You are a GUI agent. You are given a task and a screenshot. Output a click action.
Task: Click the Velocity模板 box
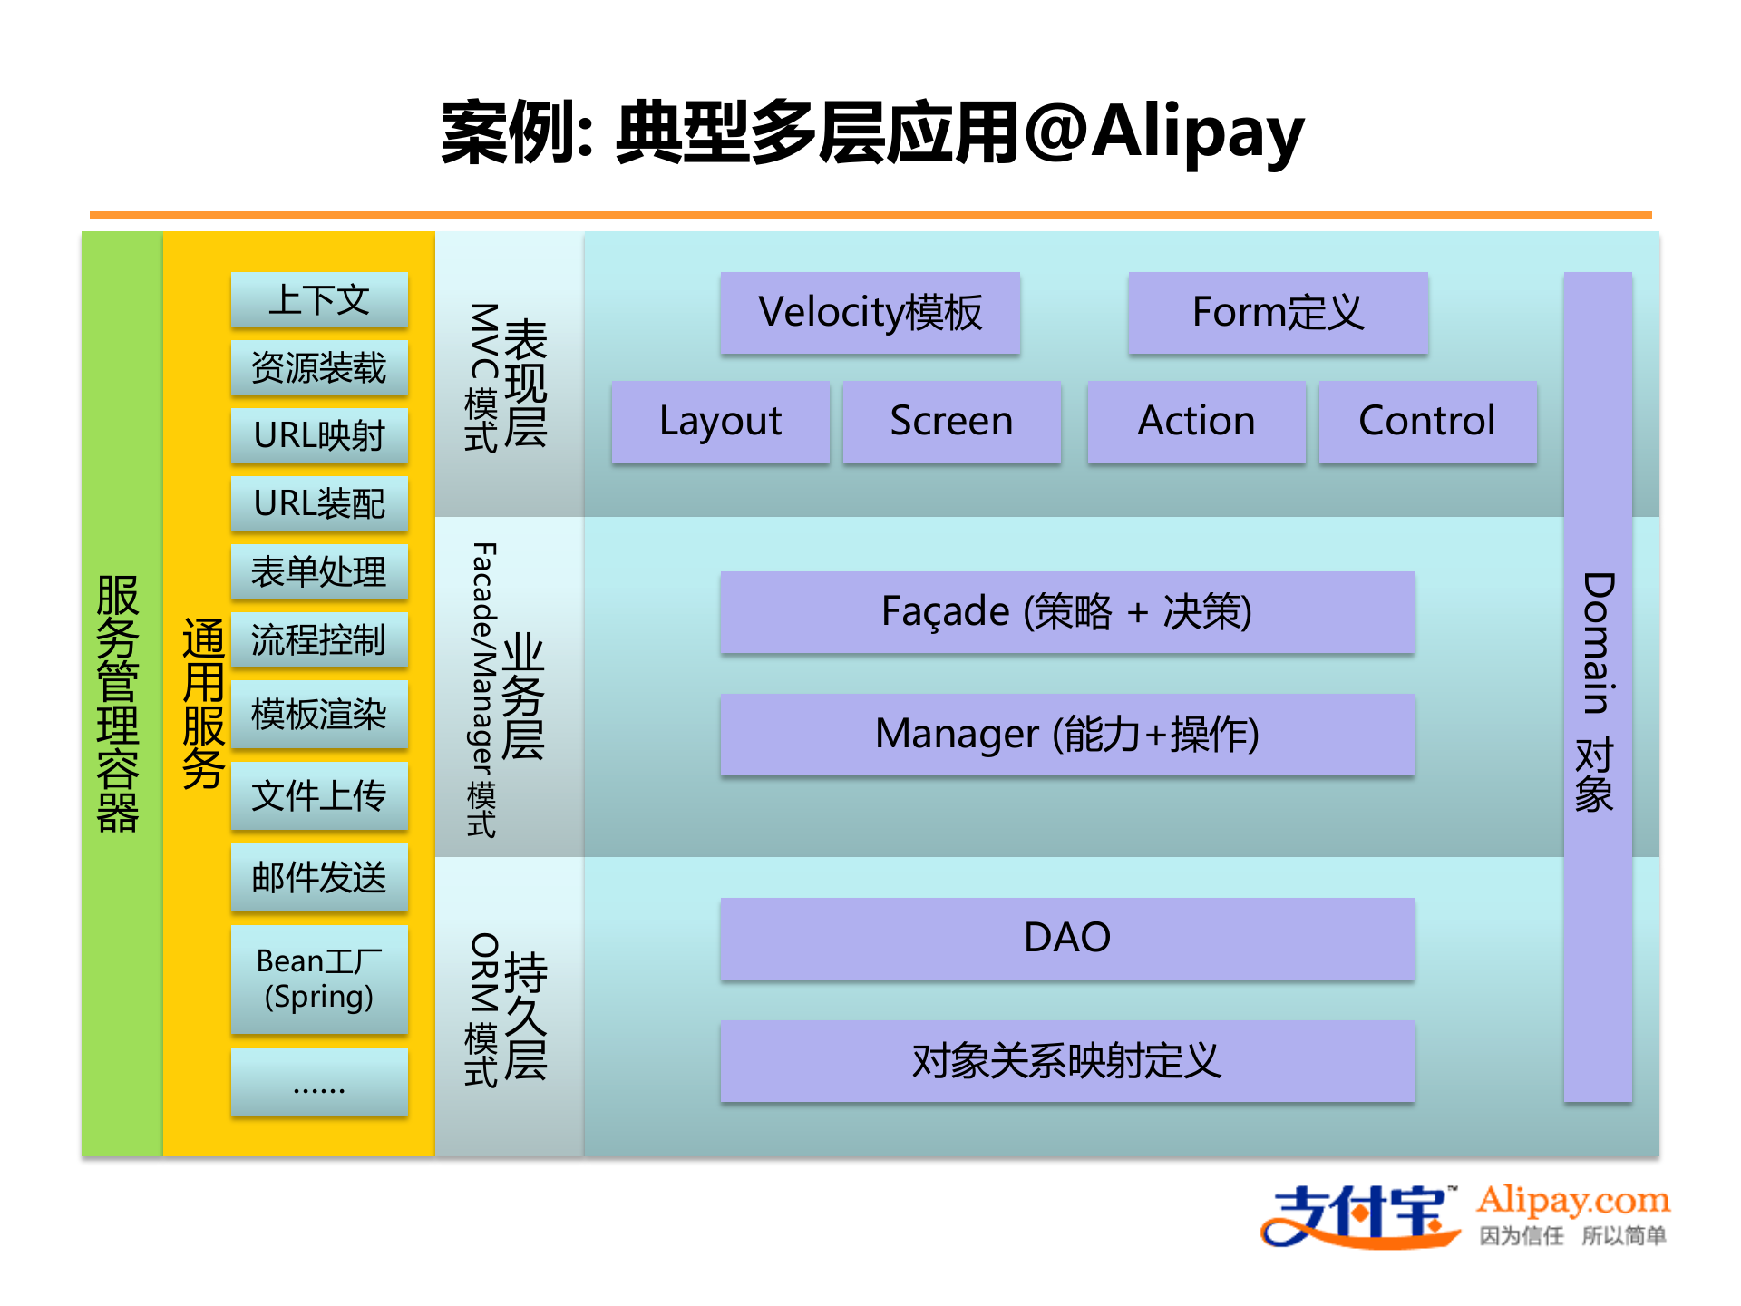point(870,312)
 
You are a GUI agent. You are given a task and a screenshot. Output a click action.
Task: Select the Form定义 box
point(1278,312)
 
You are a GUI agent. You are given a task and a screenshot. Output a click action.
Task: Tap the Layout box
point(720,421)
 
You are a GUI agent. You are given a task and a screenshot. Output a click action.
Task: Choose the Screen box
point(951,421)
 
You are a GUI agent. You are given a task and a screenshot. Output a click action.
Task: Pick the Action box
point(1196,421)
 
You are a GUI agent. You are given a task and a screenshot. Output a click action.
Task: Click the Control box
point(1427,421)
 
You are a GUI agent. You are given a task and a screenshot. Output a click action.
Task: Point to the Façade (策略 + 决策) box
point(1066,611)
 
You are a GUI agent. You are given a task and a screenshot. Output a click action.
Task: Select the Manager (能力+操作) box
point(1066,734)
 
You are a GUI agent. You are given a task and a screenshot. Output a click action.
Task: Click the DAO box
point(1066,938)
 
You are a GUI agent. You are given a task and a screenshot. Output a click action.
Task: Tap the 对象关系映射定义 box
point(1066,1060)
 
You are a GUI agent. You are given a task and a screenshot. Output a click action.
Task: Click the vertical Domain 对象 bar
point(1598,689)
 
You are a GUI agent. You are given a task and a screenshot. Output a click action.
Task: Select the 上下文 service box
point(319,299)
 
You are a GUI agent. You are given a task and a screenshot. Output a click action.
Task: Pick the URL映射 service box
point(319,435)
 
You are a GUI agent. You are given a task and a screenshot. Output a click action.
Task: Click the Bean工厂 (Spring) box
point(319,979)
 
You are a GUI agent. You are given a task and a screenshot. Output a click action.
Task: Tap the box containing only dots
point(319,1081)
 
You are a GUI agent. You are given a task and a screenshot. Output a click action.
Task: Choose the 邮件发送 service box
point(319,877)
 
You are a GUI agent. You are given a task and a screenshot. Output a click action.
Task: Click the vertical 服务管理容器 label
point(118,703)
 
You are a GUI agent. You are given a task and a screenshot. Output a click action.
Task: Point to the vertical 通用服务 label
point(203,703)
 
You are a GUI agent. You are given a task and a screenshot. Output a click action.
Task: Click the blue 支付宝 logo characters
point(1360,1215)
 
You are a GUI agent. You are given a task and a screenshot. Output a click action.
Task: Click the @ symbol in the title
point(1056,132)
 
